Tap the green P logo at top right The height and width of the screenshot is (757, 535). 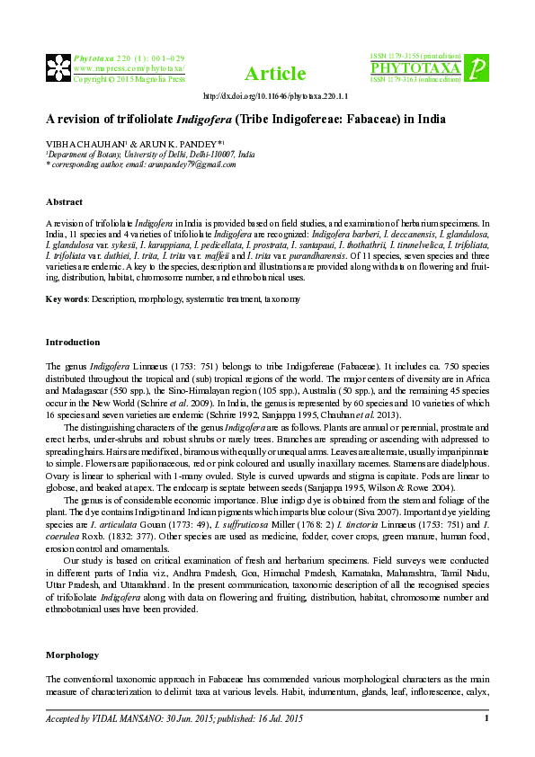coord(478,68)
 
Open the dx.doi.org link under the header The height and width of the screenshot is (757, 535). coord(276,96)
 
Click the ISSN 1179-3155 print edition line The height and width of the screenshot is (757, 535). coord(415,57)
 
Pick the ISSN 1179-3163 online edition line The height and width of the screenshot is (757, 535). coord(415,79)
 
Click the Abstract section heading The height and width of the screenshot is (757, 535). coord(64,202)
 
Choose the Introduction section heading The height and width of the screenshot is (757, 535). coord(73,343)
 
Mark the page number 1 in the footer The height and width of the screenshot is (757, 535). coord(486,718)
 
